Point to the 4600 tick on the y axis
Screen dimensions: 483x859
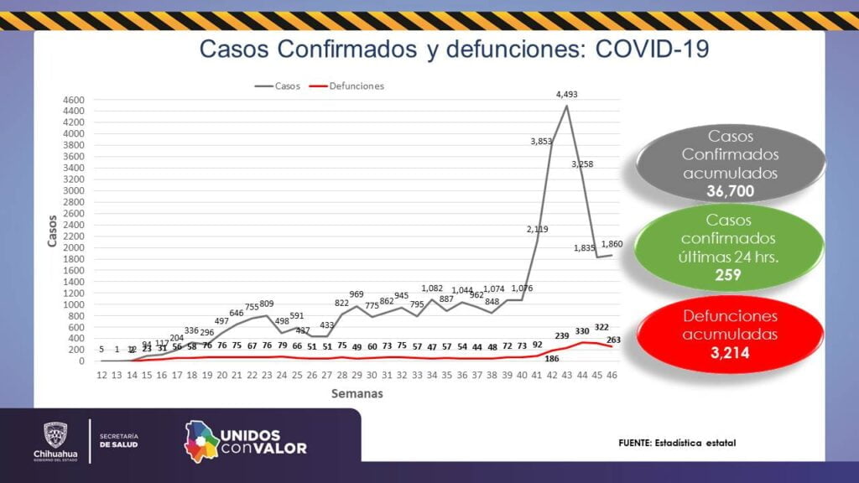point(74,99)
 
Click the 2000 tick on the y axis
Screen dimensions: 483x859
point(74,247)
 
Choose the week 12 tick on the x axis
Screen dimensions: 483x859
point(102,376)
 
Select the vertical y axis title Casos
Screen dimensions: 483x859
point(52,230)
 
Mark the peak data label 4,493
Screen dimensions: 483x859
point(567,96)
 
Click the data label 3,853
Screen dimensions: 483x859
point(541,141)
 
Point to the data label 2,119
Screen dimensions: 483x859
point(538,229)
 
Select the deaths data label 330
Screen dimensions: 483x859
point(582,331)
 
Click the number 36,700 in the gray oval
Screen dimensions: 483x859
point(730,191)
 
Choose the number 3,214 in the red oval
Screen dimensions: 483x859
point(728,353)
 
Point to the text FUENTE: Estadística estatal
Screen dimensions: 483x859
point(677,442)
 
